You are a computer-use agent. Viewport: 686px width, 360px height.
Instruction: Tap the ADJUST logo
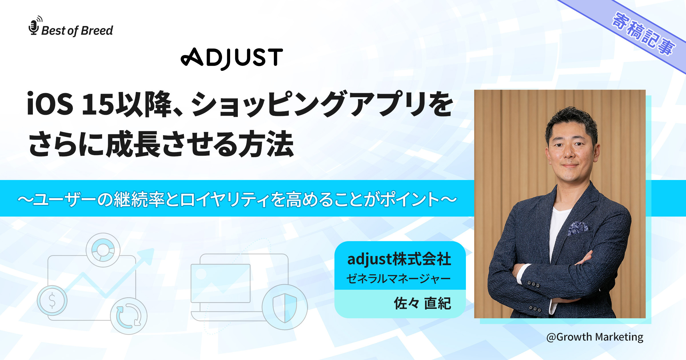232,58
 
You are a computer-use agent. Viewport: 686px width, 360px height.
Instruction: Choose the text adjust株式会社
399,259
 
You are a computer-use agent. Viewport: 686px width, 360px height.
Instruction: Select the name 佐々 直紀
422,303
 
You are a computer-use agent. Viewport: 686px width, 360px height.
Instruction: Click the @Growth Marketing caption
595,337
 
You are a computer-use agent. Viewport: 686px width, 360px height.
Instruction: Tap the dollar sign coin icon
52,300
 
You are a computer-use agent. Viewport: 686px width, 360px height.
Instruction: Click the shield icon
285,307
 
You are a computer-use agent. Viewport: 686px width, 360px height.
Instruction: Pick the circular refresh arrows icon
129,316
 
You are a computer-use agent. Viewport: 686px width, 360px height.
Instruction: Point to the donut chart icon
103,250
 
